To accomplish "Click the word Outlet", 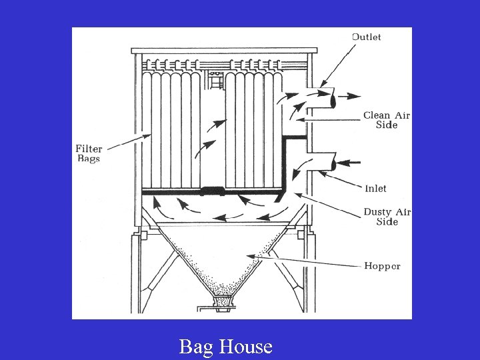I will click(366, 37).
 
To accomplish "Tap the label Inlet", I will click(375, 189).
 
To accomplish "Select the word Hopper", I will click(382, 265).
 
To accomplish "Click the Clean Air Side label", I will click(387, 120).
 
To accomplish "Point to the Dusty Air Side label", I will click(387, 217).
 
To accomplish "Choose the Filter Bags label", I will click(89, 153).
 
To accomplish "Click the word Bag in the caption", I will click(195, 347).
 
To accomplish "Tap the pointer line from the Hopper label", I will click(307, 261).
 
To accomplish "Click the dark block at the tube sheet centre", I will click(213, 191).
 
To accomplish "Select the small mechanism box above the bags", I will click(215, 81).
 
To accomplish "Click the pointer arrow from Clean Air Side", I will click(327, 119).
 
